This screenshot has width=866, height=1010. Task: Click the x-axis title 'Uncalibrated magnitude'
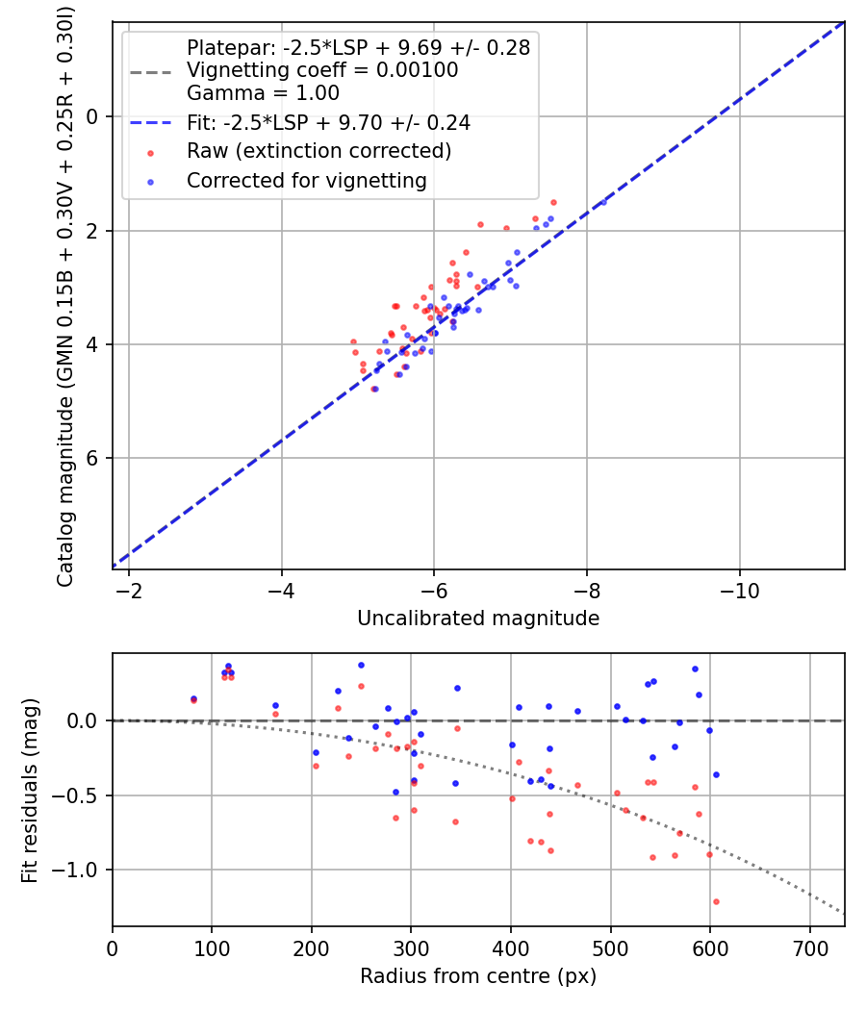(x=478, y=619)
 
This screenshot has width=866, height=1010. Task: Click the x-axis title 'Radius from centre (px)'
(x=478, y=976)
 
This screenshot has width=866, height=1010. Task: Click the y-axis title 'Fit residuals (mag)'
(x=30, y=790)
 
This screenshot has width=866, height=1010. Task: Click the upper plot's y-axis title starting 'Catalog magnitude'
(x=65, y=294)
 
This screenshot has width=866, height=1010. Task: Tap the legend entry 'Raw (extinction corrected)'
(x=318, y=151)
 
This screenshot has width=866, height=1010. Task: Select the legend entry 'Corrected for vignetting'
(x=306, y=180)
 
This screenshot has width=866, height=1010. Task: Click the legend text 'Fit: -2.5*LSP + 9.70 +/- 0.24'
(x=328, y=123)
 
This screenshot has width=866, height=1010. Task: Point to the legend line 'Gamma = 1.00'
(x=263, y=94)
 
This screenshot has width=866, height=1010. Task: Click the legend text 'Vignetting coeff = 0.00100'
(x=322, y=70)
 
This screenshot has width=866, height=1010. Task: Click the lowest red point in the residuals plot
(x=716, y=901)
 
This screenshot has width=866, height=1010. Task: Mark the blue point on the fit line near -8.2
(x=603, y=202)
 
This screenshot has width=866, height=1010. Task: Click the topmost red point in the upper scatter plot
(x=553, y=202)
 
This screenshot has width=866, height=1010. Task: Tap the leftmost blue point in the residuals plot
(x=193, y=698)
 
